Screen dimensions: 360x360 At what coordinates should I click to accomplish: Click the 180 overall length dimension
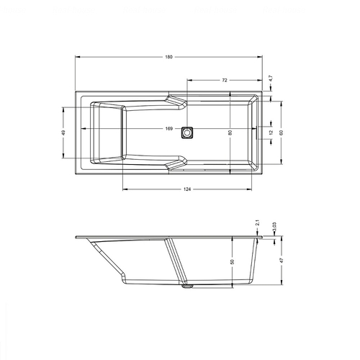click(x=168, y=57)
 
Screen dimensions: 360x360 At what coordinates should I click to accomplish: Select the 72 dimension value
click(x=225, y=81)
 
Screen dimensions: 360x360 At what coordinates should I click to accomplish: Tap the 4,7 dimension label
click(x=271, y=78)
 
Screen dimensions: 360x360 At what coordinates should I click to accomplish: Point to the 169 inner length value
click(x=169, y=129)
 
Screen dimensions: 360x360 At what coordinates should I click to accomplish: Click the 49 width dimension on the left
click(x=63, y=132)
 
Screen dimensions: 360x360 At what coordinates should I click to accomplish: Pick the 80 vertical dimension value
click(x=230, y=132)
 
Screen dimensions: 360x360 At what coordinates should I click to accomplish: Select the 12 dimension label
click(x=271, y=132)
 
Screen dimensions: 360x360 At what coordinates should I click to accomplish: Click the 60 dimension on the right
click(x=282, y=132)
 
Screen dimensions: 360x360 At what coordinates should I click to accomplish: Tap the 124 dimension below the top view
click(x=187, y=189)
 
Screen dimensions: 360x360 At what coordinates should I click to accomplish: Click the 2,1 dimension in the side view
click(x=258, y=223)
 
